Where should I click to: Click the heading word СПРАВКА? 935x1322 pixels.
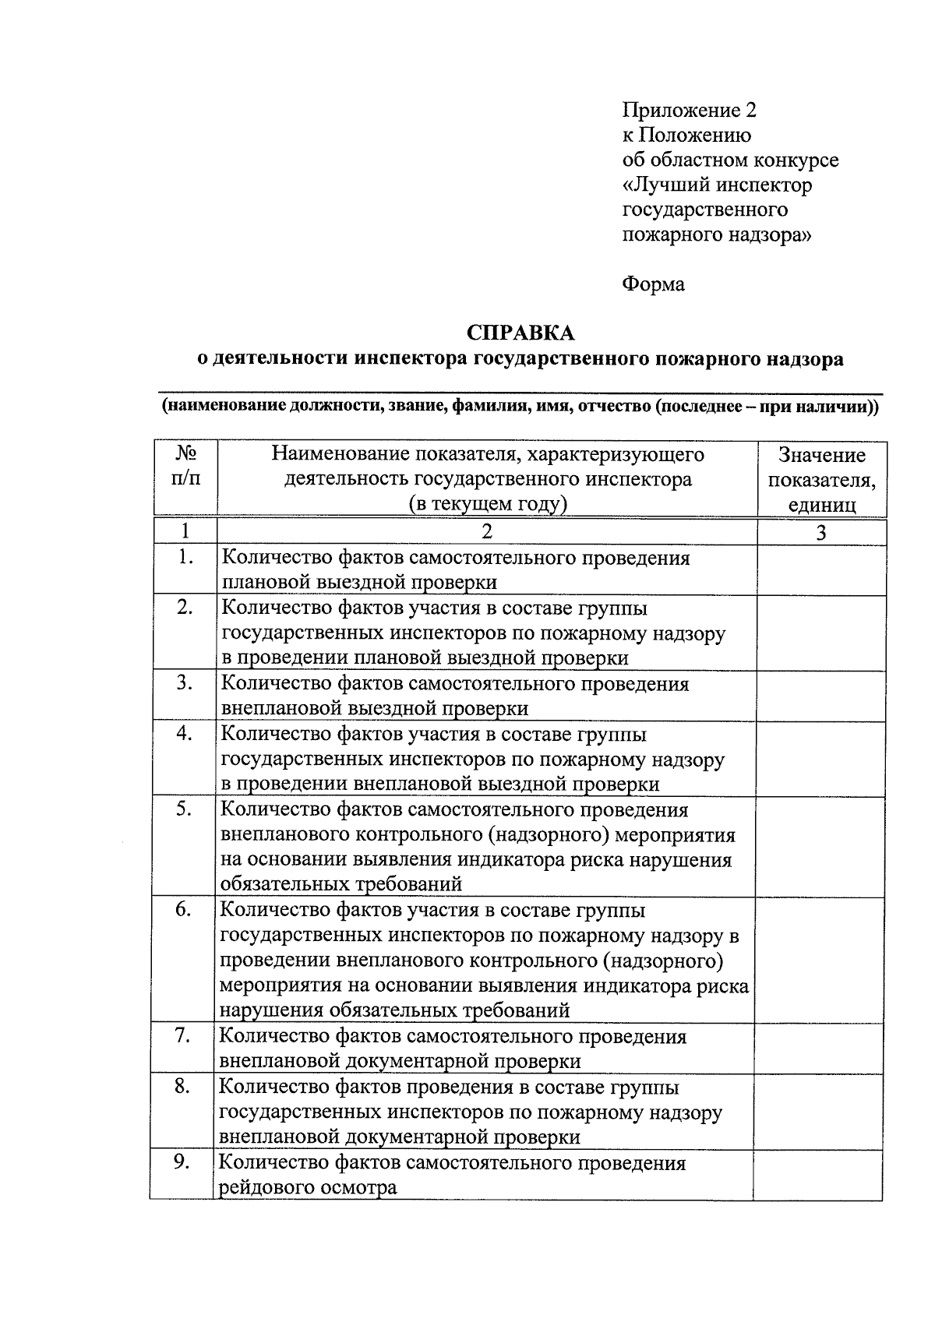(520, 333)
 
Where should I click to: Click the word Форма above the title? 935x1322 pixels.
(653, 284)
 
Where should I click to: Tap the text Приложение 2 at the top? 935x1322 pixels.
(689, 110)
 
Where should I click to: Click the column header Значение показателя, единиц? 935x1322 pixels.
(821, 479)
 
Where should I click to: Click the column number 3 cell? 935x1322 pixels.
(821, 533)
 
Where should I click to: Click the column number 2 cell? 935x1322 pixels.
(487, 532)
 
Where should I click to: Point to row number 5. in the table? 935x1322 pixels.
(184, 809)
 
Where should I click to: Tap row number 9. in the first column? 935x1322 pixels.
(182, 1162)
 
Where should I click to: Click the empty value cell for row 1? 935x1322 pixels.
(821, 569)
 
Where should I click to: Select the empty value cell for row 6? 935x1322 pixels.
(820, 960)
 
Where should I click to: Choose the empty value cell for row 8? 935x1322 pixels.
(818, 1111)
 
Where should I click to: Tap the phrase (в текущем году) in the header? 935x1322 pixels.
(488, 504)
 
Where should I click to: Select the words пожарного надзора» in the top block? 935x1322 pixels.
(716, 234)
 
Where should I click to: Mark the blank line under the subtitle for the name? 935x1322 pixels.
(520, 393)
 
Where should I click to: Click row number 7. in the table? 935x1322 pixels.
(183, 1035)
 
